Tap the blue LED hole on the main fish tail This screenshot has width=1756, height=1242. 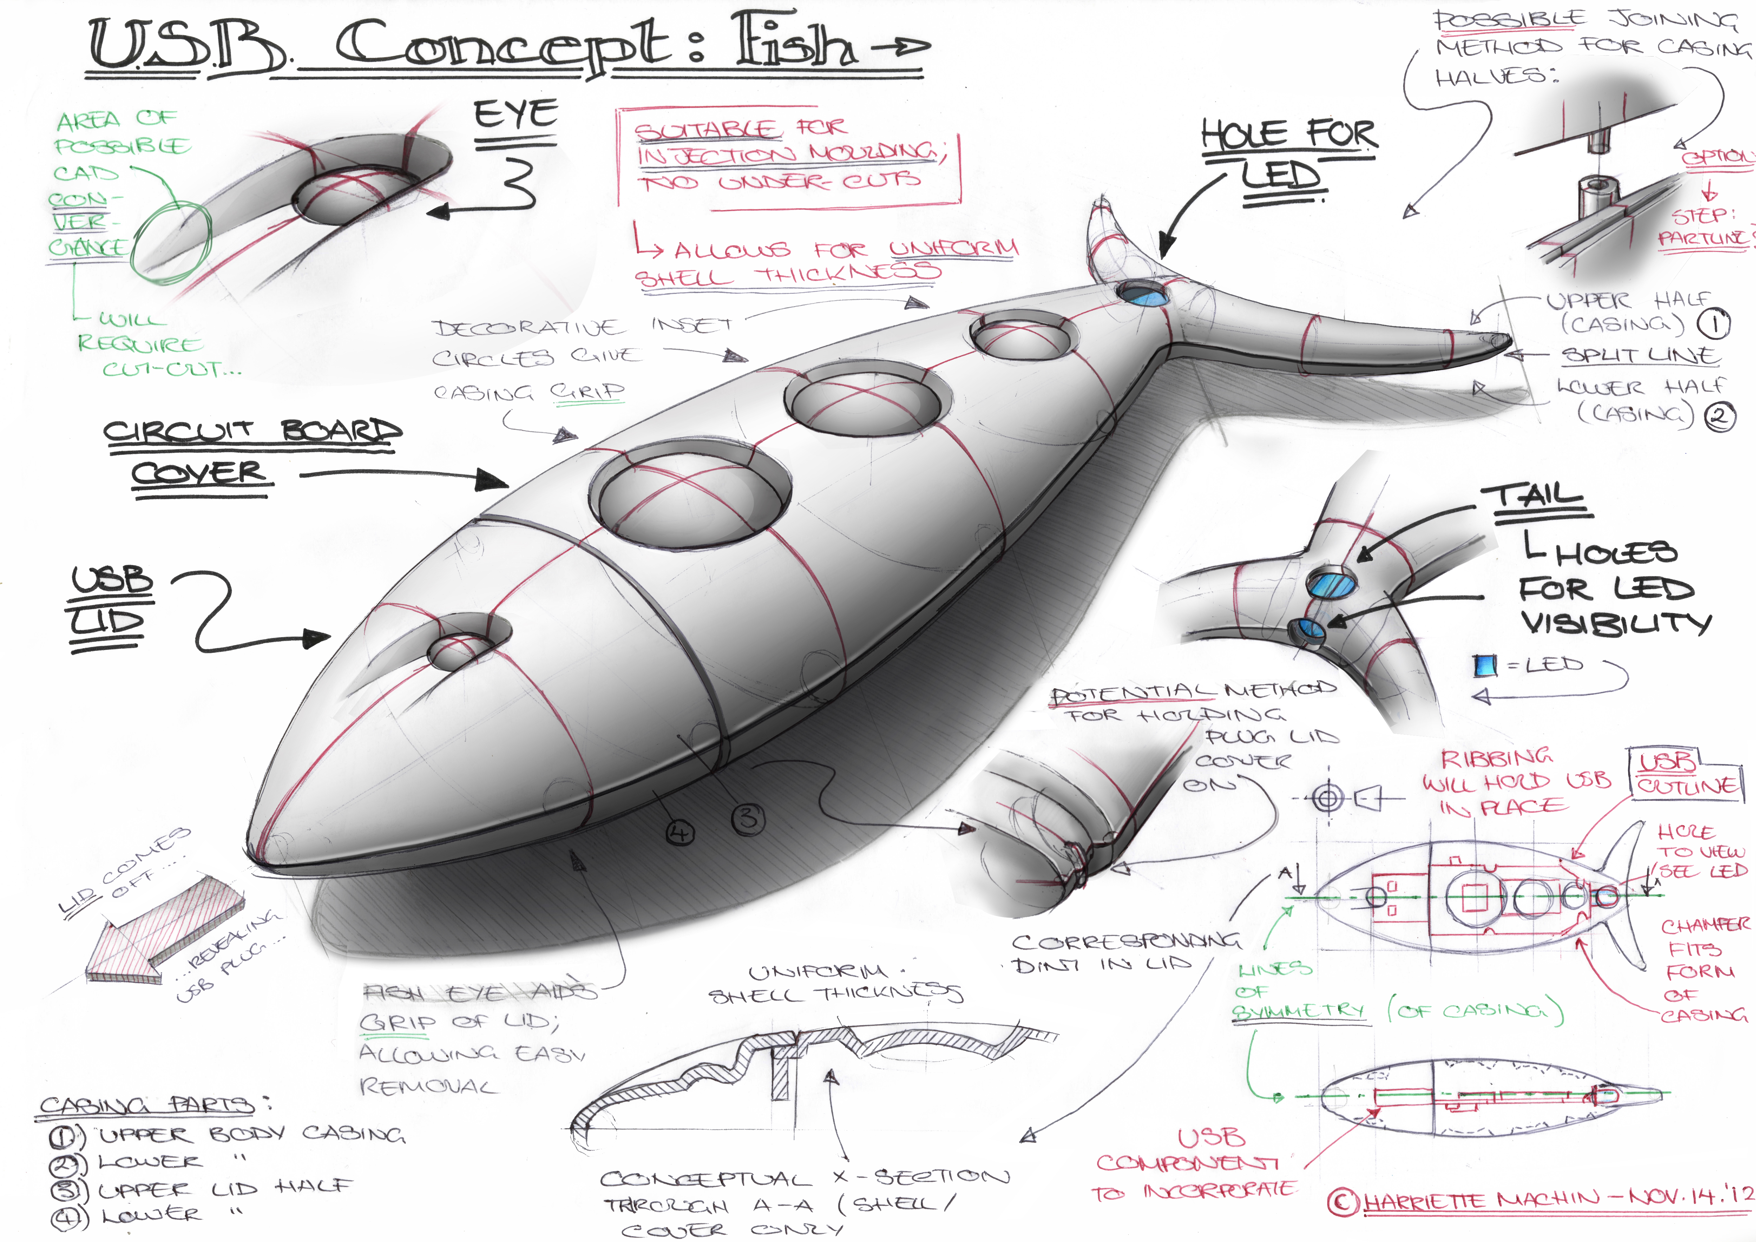click(1142, 294)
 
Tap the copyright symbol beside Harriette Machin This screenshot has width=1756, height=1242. click(1342, 1201)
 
